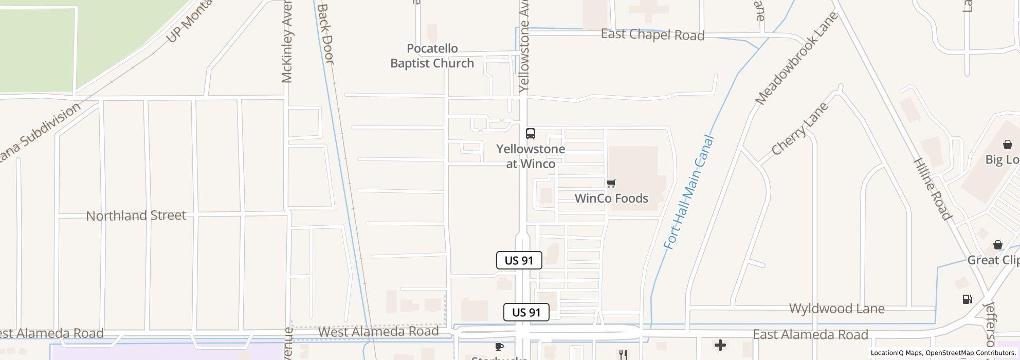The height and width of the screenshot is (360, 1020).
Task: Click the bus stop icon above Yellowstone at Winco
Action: [x=531, y=134]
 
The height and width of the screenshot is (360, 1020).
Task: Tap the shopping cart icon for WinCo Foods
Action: [x=611, y=183]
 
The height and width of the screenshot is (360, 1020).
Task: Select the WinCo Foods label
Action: [x=611, y=199]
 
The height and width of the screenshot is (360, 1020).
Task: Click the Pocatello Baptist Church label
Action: [x=432, y=56]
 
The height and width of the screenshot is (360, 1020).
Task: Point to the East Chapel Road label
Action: [x=652, y=35]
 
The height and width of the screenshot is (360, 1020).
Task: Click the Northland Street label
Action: [x=136, y=215]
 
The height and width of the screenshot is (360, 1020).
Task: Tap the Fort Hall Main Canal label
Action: [x=689, y=192]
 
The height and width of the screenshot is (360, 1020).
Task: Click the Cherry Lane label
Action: [x=799, y=129]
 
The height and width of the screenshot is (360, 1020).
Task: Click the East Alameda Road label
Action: [x=810, y=335]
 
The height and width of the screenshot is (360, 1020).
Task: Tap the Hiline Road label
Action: [x=932, y=189]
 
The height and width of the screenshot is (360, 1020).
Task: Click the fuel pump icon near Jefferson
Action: [x=967, y=299]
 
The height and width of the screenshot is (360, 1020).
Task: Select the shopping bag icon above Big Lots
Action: [x=1008, y=145]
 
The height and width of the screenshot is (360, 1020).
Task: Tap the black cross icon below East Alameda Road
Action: [x=720, y=345]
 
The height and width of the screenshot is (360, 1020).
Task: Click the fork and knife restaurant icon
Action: [x=623, y=354]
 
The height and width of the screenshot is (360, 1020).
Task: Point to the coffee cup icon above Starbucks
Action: [x=499, y=347]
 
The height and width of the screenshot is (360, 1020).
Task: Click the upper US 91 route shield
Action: [x=519, y=260]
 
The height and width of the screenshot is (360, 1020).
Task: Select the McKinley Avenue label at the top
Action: [x=288, y=42]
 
